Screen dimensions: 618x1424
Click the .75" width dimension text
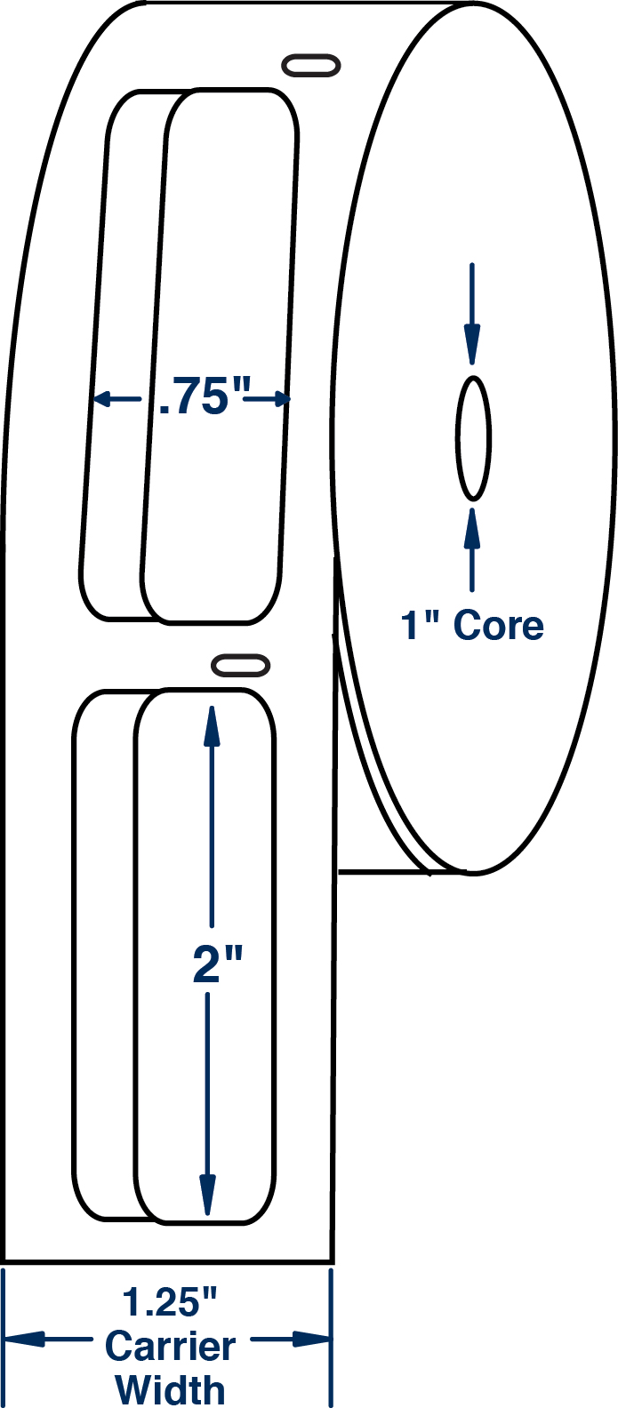point(200,396)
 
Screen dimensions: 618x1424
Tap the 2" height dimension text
point(218,964)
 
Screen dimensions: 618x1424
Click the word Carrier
point(170,1347)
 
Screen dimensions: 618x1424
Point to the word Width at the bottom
point(171,1390)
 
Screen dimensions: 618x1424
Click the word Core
point(498,625)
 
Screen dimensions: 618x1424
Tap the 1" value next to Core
point(421,625)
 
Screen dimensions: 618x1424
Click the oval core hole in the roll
point(473,438)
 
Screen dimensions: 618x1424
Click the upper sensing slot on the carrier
point(310,66)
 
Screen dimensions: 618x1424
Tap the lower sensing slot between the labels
point(240,665)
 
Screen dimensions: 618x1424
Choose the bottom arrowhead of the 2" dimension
point(206,1195)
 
